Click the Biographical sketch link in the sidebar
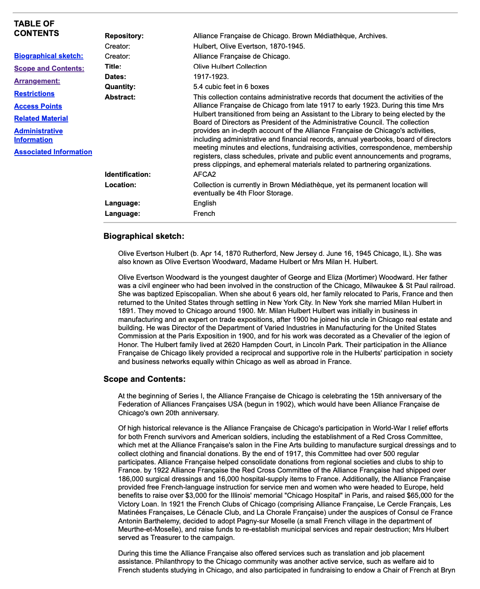[48, 56]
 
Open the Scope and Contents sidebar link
[49, 69]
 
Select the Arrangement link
[37, 81]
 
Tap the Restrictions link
[34, 94]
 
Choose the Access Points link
[38, 106]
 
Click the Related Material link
[41, 119]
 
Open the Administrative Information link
[38, 136]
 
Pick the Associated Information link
[53, 152]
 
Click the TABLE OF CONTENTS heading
[37, 29]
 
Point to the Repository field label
[124, 36]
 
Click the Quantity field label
[120, 87]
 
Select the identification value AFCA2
[204, 175]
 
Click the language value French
[204, 214]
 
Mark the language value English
[204, 203]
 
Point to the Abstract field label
[120, 97]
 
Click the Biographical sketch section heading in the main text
[144, 236]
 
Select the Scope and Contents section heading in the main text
[144, 379]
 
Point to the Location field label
[120, 185]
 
